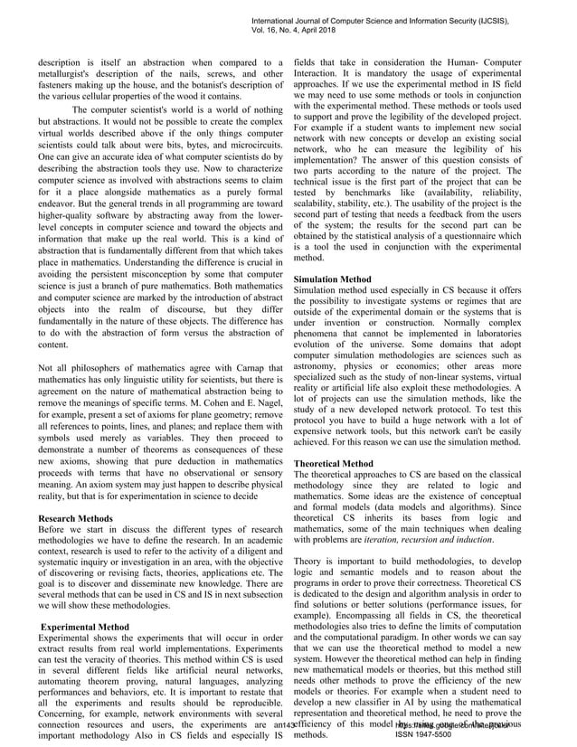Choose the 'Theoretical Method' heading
coord(334,463)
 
